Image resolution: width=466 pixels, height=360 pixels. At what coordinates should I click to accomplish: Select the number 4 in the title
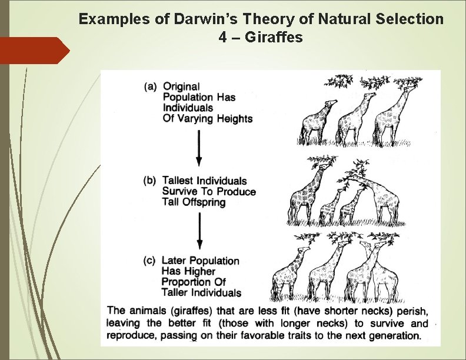pos(222,38)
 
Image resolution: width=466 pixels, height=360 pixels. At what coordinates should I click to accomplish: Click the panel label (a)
pos(151,86)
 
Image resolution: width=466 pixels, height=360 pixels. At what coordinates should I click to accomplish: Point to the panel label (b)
pos(150,181)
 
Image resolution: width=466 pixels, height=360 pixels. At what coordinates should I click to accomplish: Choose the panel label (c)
pos(150,261)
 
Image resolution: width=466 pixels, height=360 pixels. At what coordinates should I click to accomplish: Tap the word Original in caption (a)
pos(182,86)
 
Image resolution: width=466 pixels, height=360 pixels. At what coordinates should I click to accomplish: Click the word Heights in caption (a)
pos(234,119)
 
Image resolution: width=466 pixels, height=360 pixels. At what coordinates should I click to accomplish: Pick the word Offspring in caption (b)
pos(204,202)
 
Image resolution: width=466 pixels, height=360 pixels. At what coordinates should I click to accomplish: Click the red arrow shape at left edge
pos(35,50)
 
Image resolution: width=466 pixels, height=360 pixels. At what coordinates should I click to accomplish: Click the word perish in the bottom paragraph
pos(412,310)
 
